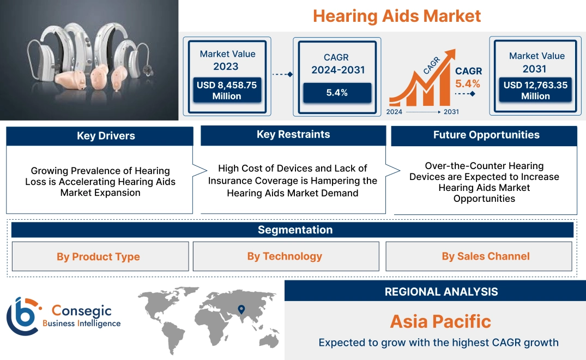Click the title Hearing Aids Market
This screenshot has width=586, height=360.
pos(397,15)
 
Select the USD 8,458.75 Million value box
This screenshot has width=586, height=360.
pos(226,91)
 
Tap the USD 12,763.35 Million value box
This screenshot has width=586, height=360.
pos(535,91)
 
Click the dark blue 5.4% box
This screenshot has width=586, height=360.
pos(337,93)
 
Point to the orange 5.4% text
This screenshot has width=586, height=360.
pos(468,83)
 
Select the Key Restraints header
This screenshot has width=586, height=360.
pos(293,135)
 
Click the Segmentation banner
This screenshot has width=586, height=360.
pos(295,230)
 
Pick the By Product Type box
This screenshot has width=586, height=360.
pos(99,256)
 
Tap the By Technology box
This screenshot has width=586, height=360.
pos(285,256)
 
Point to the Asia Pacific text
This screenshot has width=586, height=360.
pos(440,321)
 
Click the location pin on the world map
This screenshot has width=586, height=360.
pos(241,310)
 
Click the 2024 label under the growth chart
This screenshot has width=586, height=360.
pos(395,111)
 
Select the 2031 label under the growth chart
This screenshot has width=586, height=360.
pos(451,111)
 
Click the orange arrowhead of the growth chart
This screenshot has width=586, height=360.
pos(450,55)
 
